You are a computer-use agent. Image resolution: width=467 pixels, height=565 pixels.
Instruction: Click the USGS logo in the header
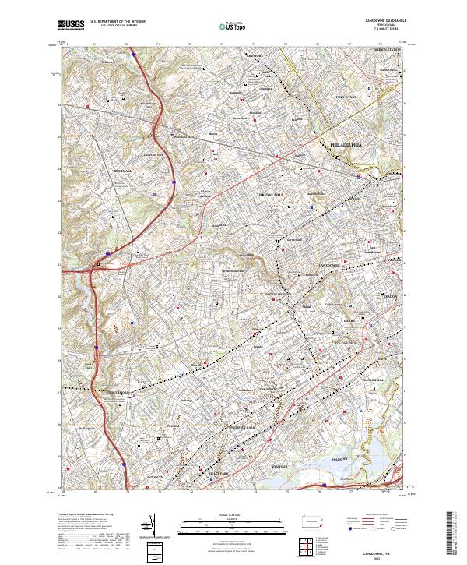click(71, 26)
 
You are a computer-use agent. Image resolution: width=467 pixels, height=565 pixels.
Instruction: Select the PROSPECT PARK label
click(237, 429)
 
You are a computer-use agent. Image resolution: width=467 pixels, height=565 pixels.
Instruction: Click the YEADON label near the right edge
click(391, 296)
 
